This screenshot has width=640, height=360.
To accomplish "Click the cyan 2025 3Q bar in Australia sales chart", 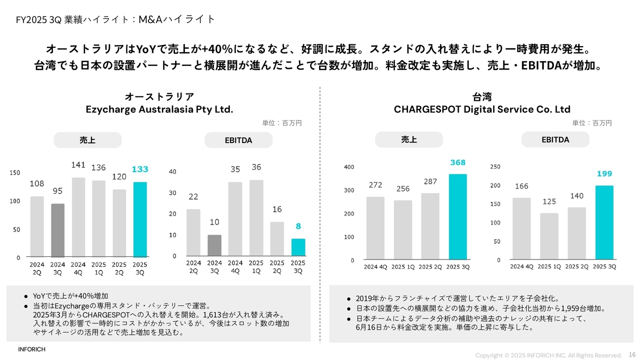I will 140,220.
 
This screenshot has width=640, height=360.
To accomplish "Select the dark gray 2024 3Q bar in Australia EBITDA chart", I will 214,245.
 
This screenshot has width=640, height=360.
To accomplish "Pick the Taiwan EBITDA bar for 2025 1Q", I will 549,236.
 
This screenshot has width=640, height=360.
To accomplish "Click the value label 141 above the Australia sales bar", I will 78,165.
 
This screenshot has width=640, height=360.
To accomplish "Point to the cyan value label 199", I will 604,174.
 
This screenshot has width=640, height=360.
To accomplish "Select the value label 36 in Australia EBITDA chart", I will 256,167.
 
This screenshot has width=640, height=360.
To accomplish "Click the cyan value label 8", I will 298,226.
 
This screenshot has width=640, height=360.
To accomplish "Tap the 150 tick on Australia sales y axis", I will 15,173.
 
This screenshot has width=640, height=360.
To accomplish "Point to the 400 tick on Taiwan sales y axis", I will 349,167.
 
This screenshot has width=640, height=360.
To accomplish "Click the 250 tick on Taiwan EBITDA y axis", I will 495,166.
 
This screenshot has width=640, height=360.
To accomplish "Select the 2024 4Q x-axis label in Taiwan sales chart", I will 375,267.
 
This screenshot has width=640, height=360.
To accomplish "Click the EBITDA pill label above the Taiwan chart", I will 555,140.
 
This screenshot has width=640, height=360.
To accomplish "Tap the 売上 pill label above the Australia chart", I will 87,140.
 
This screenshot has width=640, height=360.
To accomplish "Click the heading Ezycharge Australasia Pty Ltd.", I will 159,109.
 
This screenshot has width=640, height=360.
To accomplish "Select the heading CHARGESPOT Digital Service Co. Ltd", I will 482,109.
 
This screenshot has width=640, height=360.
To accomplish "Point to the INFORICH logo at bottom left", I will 31,349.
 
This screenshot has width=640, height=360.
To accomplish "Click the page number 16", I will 632,354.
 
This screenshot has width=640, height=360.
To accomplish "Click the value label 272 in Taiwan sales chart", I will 375,185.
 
